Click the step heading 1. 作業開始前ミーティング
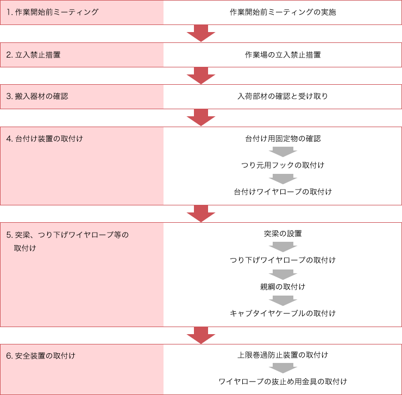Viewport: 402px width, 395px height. click(52, 12)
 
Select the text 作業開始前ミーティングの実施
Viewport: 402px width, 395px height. click(283, 12)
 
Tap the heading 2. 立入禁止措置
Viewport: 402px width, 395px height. click(33, 55)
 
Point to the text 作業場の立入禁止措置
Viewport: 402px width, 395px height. click(283, 55)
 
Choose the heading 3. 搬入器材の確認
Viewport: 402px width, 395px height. click(37, 96)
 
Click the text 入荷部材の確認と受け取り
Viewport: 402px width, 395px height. click(283, 96)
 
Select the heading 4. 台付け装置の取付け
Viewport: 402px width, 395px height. click(45, 139)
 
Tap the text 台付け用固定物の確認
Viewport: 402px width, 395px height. click(283, 139)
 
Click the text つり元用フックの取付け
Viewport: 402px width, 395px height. click(283, 165)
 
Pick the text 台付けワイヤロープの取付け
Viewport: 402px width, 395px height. click(283, 192)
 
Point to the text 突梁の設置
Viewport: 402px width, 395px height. click(283, 234)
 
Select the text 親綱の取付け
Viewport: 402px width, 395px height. click(283, 287)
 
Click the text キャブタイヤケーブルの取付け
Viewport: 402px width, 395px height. click(283, 313)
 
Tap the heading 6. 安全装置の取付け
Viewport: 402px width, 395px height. click(41, 356)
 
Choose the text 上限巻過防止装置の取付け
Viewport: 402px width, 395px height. click(283, 355)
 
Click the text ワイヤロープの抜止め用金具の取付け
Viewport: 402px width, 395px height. click(283, 381)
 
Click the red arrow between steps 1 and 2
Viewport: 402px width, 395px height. click(201, 33)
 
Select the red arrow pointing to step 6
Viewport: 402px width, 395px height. click(201, 335)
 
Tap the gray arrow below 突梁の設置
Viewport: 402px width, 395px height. click(283, 247)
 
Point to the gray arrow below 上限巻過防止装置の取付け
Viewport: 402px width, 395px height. click(283, 368)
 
